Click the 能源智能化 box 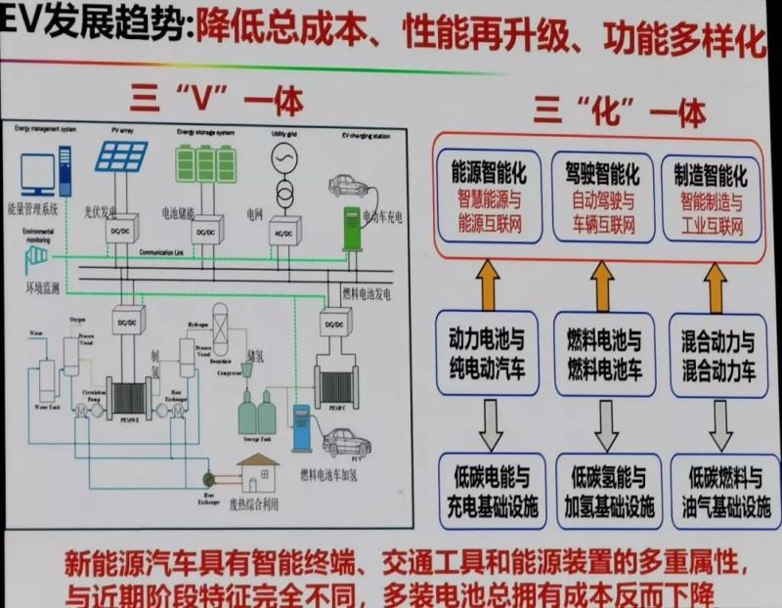pyautogui.click(x=488, y=199)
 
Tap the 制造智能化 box pyautogui.click(x=711, y=199)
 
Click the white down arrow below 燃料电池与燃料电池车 pyautogui.click(x=606, y=423)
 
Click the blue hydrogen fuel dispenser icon pyautogui.click(x=301, y=427)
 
